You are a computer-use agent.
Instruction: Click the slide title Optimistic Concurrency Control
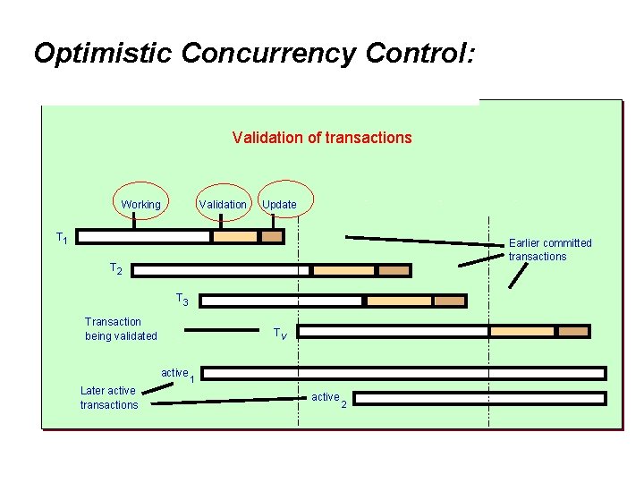click(x=255, y=54)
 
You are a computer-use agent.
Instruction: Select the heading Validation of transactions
click(x=322, y=138)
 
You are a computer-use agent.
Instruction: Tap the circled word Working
click(x=141, y=205)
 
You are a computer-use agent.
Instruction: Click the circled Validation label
click(x=223, y=205)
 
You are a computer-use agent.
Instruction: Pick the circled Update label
click(x=280, y=205)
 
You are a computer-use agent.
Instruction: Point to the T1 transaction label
click(x=62, y=239)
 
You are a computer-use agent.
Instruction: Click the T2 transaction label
click(x=115, y=268)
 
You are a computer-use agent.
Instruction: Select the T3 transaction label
click(x=181, y=300)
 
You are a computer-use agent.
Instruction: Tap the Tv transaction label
click(x=280, y=334)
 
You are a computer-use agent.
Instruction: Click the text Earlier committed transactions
click(x=550, y=250)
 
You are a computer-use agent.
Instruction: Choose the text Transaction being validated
click(x=121, y=329)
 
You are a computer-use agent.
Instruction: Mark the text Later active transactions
click(x=109, y=397)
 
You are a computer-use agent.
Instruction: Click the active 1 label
click(x=178, y=374)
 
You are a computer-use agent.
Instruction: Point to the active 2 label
click(x=328, y=398)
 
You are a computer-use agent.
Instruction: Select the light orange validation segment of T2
click(x=343, y=270)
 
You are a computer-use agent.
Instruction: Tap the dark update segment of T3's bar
click(x=450, y=301)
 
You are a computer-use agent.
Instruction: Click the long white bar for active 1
click(x=402, y=373)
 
